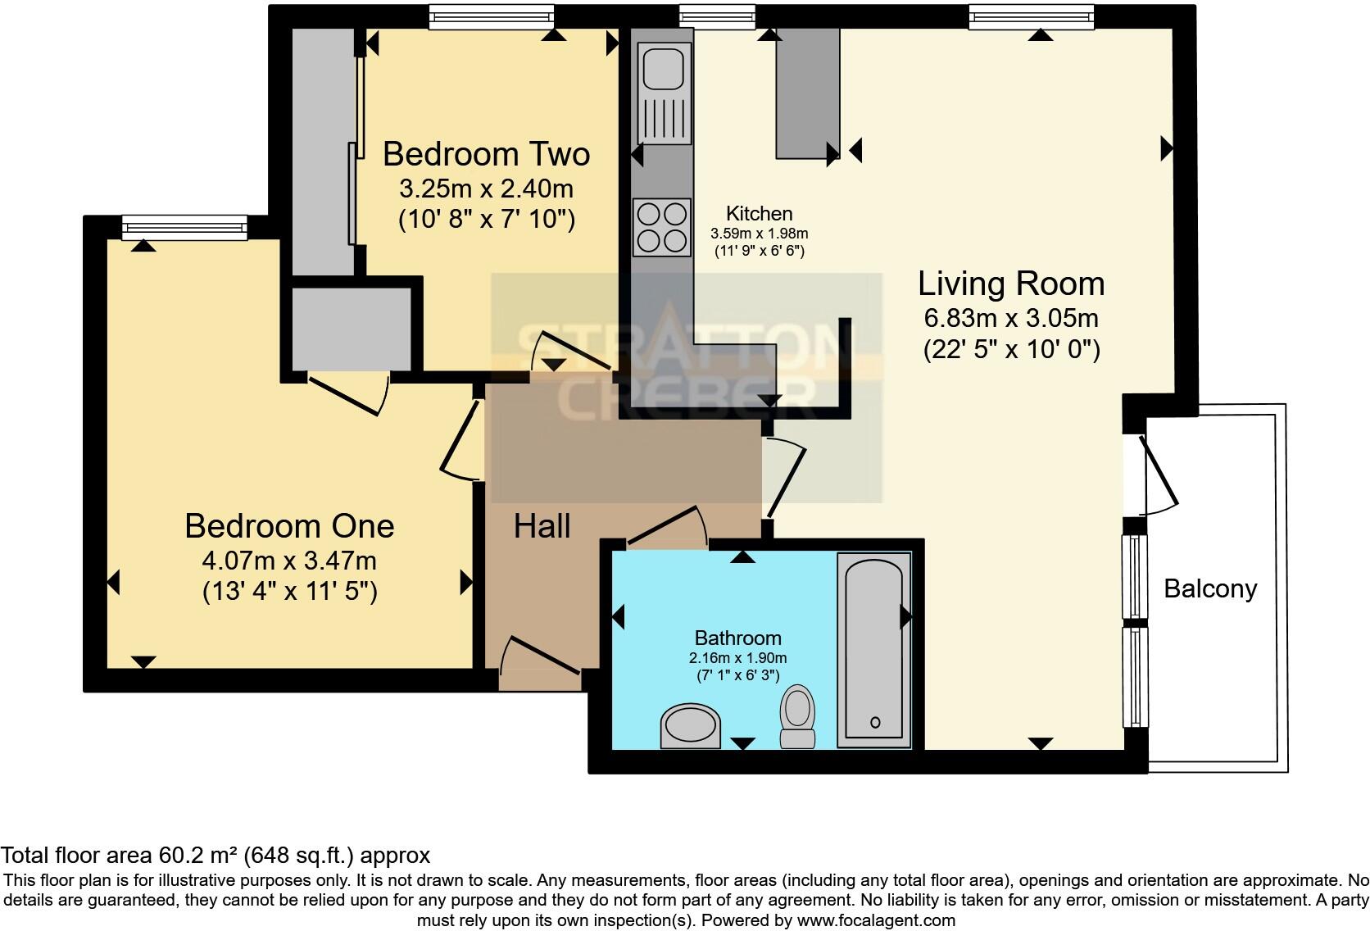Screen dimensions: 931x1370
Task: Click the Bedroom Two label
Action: point(486,154)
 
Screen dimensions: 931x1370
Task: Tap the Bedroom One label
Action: point(289,525)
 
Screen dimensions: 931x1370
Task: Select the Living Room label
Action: point(1010,284)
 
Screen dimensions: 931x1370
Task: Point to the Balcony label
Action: point(1209,588)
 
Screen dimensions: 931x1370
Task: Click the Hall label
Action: point(542,526)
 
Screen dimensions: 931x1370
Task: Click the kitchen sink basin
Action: point(663,67)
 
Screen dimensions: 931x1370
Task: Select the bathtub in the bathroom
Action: point(873,649)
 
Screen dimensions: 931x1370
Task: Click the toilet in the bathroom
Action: point(796,716)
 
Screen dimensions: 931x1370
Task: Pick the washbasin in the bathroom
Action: point(691,727)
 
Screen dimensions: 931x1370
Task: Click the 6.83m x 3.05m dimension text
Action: point(1010,318)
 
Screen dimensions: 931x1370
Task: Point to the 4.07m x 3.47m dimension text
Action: point(289,561)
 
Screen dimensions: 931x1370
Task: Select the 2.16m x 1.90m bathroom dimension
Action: point(737,658)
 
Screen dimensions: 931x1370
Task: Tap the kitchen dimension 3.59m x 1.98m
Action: point(759,234)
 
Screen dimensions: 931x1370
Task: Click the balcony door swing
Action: point(1158,476)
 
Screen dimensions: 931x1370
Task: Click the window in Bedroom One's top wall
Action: point(184,227)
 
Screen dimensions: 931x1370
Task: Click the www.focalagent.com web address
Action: point(875,920)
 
